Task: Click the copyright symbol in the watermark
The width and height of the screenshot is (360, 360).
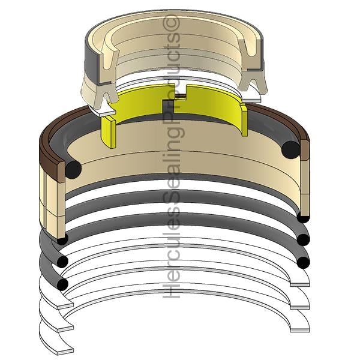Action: coord(171,23)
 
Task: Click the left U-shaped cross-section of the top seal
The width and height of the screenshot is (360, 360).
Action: coord(109,61)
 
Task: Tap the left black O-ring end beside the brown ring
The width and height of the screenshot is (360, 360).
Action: coord(73,169)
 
